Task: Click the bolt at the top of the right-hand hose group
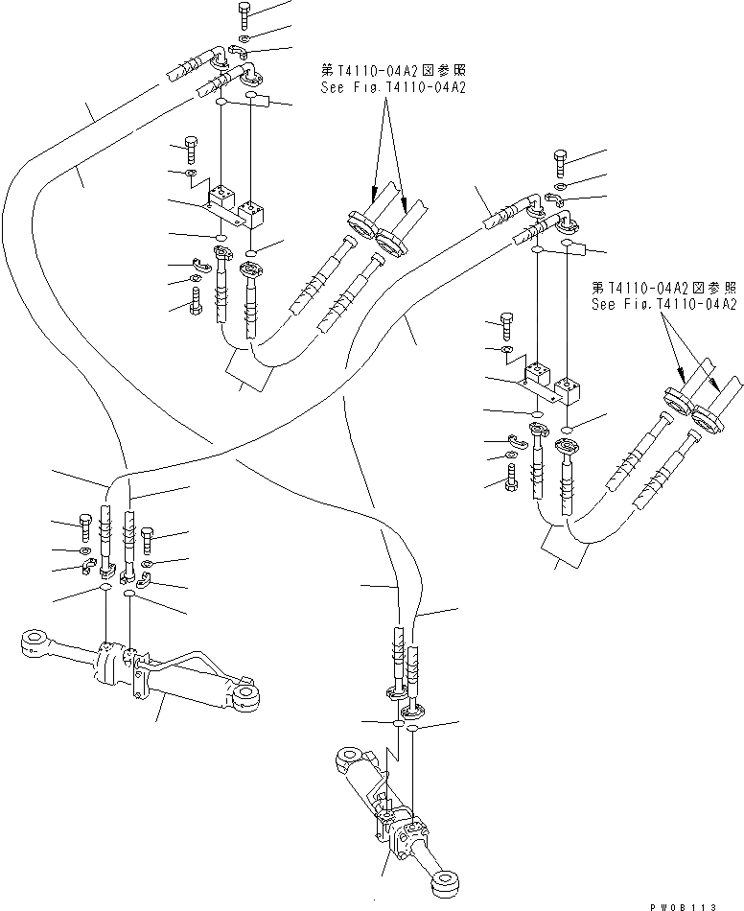(x=562, y=161)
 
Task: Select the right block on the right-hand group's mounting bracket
(x=574, y=389)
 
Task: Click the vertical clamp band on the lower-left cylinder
(x=136, y=676)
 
